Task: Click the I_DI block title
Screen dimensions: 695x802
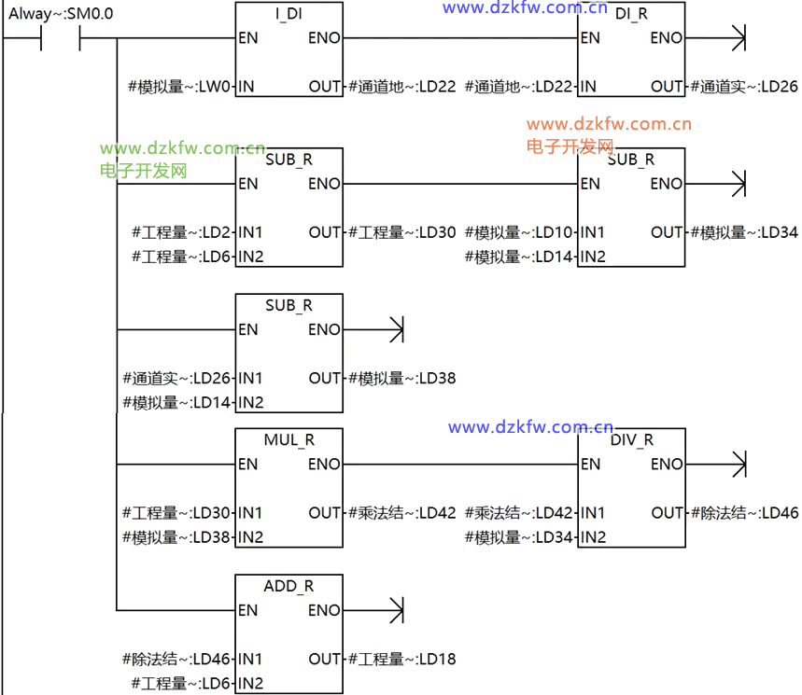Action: point(288,15)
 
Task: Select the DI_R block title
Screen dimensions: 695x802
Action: point(631,15)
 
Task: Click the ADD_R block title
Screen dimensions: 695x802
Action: point(288,587)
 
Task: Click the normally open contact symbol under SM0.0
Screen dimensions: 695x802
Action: point(61,39)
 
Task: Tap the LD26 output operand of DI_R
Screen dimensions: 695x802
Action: point(744,87)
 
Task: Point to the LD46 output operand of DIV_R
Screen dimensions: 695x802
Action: point(744,512)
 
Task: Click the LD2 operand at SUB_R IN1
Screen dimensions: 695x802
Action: point(183,232)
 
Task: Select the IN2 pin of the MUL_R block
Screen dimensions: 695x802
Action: point(251,537)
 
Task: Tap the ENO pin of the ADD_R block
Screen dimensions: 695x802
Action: point(324,610)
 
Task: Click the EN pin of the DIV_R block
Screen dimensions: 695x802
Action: point(590,464)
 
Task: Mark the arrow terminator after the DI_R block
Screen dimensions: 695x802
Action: point(739,39)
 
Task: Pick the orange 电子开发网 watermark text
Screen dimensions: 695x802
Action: point(570,146)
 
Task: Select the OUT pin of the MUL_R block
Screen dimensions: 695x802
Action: point(325,512)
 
